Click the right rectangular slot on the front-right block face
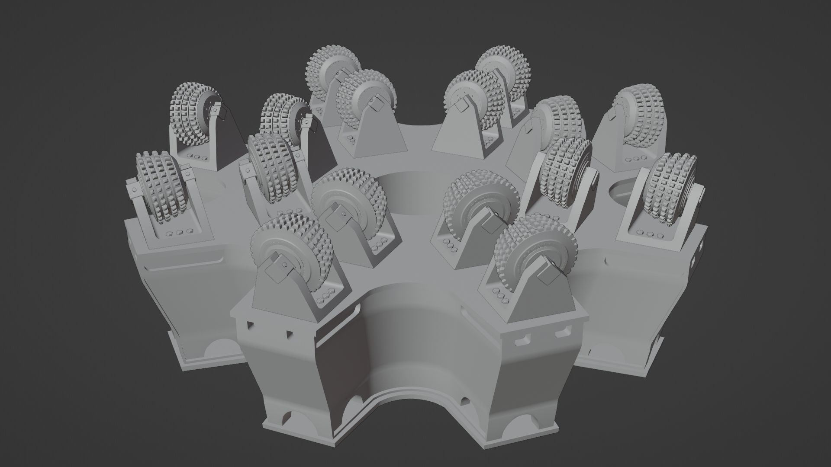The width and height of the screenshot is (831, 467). (562, 333)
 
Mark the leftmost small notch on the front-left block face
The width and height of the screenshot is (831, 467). (250, 325)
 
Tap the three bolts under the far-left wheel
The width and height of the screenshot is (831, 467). (180, 233)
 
